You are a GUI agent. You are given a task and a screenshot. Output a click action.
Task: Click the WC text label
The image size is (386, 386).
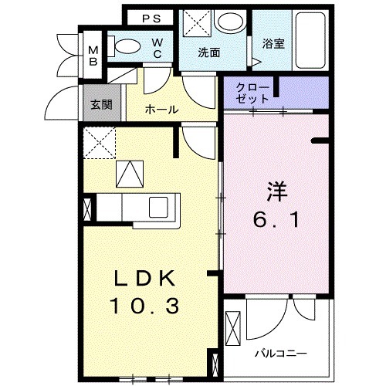(156, 47)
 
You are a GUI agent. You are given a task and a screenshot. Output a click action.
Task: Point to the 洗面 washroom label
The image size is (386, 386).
(209, 53)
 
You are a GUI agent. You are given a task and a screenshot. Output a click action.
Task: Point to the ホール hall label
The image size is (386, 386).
(162, 110)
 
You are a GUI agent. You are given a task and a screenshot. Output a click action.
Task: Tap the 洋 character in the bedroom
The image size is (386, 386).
(278, 190)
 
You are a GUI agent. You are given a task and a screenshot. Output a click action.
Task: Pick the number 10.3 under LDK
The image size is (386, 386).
(147, 306)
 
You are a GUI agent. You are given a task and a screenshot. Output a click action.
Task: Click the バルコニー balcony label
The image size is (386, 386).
(282, 353)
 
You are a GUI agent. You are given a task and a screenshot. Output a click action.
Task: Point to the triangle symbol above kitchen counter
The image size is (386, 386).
(130, 174)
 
